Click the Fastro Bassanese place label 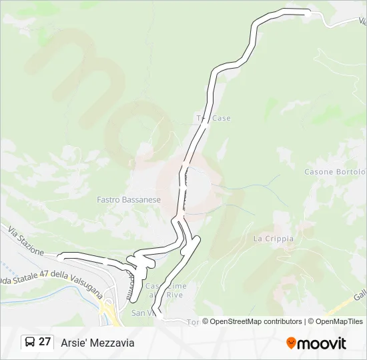click(x=129, y=199)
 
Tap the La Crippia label click(x=269, y=238)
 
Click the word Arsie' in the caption click(x=74, y=343)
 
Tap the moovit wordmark click(x=322, y=343)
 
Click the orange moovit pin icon click(x=292, y=343)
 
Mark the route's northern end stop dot click(x=308, y=12)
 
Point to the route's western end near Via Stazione click(x=61, y=255)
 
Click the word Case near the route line click(x=222, y=118)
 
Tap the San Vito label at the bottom click(x=143, y=313)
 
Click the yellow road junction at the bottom click(x=107, y=308)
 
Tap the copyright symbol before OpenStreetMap click(x=206, y=321)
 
